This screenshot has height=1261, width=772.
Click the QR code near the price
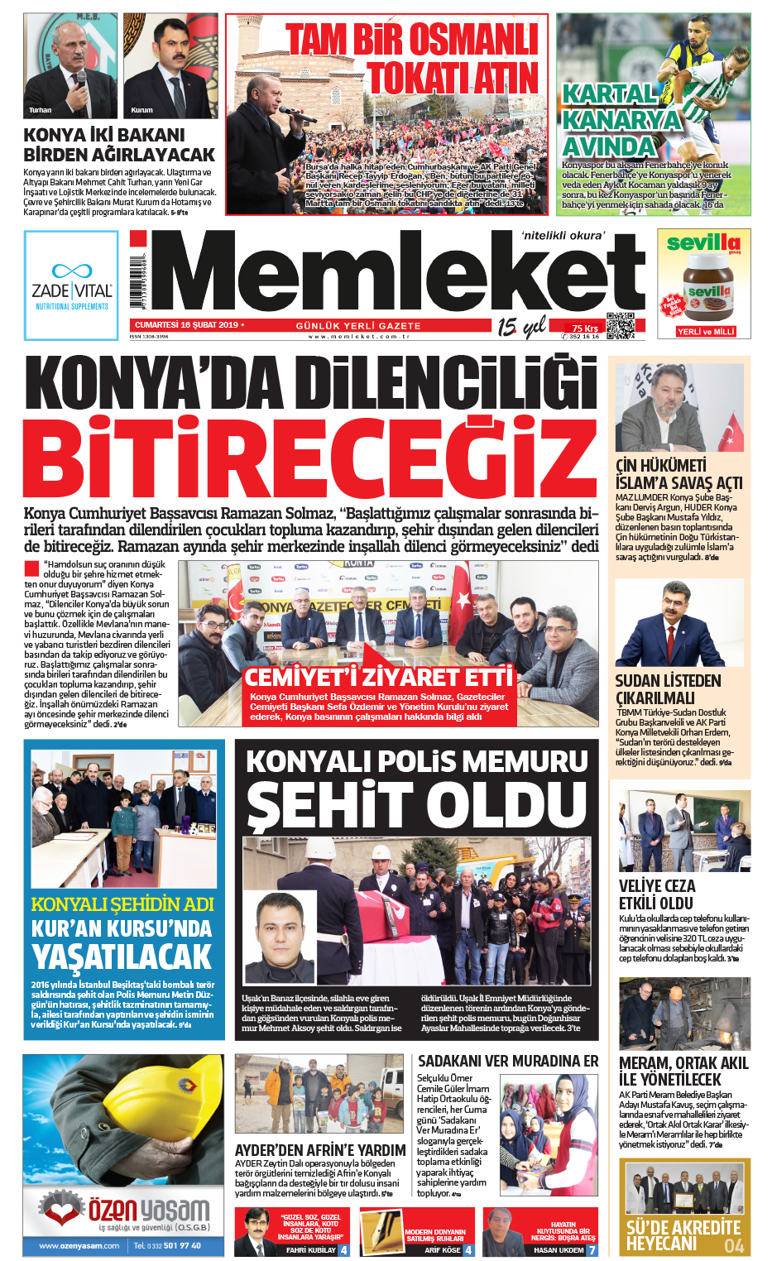click(x=620, y=326)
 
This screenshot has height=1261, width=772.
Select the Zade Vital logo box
click(x=71, y=285)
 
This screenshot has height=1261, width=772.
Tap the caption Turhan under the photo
click(x=40, y=110)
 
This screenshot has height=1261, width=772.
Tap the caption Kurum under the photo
click(x=141, y=110)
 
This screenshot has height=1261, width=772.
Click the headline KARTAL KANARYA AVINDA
click(x=621, y=121)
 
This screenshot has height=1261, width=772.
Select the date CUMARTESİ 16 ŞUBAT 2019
click(x=186, y=325)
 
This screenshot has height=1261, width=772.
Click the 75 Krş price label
click(x=584, y=328)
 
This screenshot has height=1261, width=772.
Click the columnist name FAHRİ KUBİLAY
click(x=310, y=1250)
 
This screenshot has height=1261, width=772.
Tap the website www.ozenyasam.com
click(x=79, y=1245)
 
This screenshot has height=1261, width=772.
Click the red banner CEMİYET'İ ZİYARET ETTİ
click(x=378, y=678)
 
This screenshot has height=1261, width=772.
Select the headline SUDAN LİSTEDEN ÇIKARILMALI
click(x=668, y=689)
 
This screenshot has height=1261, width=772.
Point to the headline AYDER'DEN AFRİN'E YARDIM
click(x=320, y=1150)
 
